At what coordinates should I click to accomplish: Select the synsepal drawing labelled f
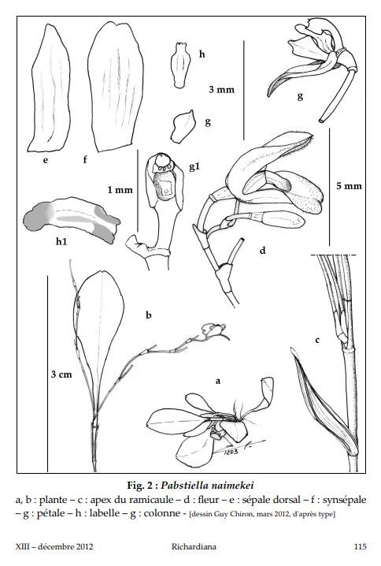click(116, 87)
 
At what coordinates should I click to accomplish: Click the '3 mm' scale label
click(221, 89)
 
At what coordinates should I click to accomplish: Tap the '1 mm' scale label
click(120, 189)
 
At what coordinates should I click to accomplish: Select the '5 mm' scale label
click(349, 186)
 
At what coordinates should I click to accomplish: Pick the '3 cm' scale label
click(61, 374)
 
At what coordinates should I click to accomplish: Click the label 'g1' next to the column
click(194, 167)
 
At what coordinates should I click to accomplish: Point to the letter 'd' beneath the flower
click(262, 250)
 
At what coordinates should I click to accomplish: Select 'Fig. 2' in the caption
click(140, 485)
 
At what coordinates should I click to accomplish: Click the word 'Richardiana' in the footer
click(194, 546)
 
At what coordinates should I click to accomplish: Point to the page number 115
click(360, 546)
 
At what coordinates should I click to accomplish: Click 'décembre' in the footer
click(56, 546)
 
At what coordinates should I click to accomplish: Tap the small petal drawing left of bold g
click(183, 126)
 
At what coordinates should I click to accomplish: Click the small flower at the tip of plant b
click(214, 331)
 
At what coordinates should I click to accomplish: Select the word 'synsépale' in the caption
click(344, 500)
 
